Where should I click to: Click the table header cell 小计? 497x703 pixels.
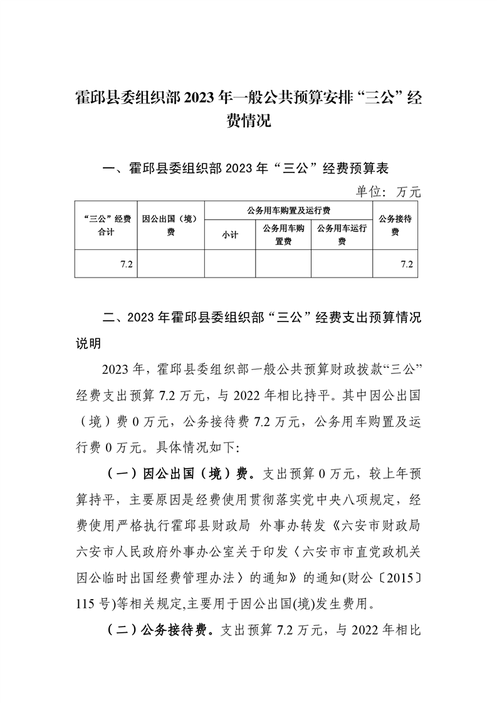229,235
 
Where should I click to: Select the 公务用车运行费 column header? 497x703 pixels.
342,234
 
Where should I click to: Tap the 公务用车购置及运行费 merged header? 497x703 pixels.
288,210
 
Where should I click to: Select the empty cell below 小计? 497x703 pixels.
229,264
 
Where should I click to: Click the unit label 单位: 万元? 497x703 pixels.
389,192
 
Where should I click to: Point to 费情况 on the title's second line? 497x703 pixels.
248,120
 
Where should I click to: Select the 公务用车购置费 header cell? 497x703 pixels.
283,234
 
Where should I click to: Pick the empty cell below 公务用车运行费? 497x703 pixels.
342,264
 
